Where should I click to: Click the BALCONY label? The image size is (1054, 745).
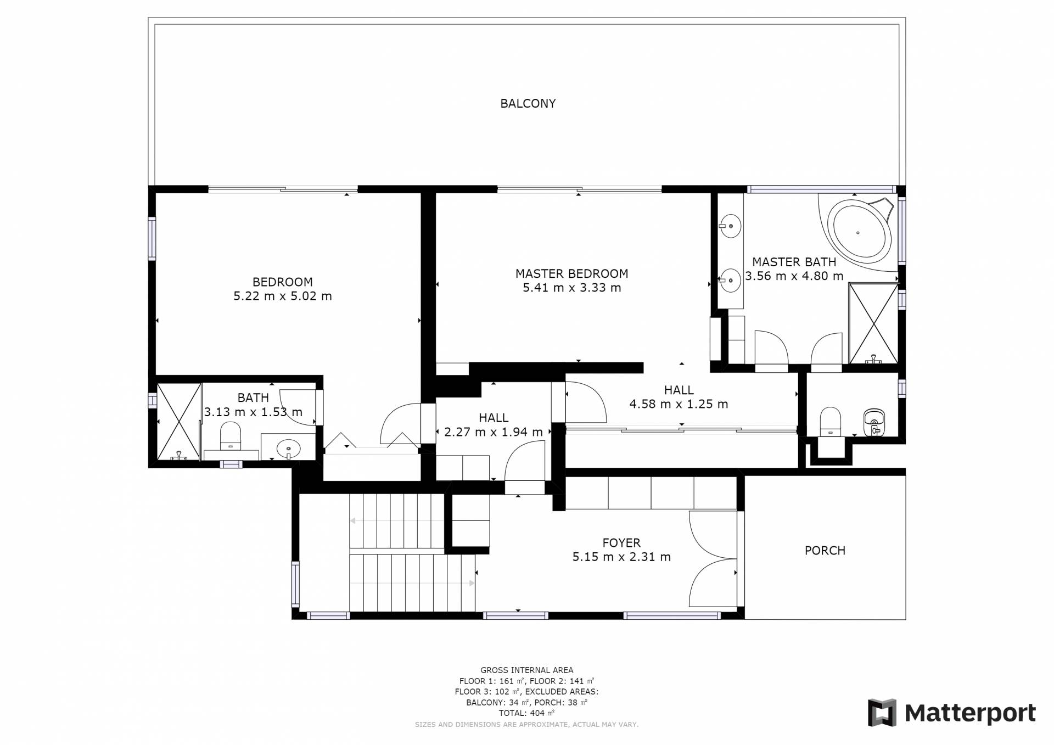pyautogui.click(x=528, y=103)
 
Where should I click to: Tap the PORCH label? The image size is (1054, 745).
pyautogui.click(x=825, y=550)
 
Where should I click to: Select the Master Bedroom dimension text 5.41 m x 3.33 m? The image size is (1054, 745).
pyautogui.click(x=571, y=288)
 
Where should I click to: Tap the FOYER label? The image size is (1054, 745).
pyautogui.click(x=621, y=542)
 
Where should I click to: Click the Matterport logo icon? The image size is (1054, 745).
pyautogui.click(x=882, y=712)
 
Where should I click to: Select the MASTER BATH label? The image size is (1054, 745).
pyautogui.click(x=794, y=262)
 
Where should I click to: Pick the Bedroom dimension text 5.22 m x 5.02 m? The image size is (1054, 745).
pyautogui.click(x=283, y=296)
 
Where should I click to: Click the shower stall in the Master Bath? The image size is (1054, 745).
pyautogui.click(x=873, y=323)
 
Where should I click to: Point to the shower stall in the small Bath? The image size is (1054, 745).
pyautogui.click(x=179, y=422)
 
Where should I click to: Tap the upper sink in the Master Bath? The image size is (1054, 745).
pyautogui.click(x=730, y=226)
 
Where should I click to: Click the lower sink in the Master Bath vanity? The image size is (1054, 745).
pyautogui.click(x=730, y=281)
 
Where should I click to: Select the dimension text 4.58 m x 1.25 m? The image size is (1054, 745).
pyautogui.click(x=679, y=404)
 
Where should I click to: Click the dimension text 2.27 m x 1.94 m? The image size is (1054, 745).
pyautogui.click(x=493, y=432)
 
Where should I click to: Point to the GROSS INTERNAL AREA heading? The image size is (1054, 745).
pyautogui.click(x=527, y=670)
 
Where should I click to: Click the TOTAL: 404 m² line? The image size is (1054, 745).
pyautogui.click(x=527, y=713)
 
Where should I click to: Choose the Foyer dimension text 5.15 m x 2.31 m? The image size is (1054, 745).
pyautogui.click(x=621, y=557)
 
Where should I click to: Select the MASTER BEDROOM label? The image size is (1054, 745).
pyautogui.click(x=571, y=273)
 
